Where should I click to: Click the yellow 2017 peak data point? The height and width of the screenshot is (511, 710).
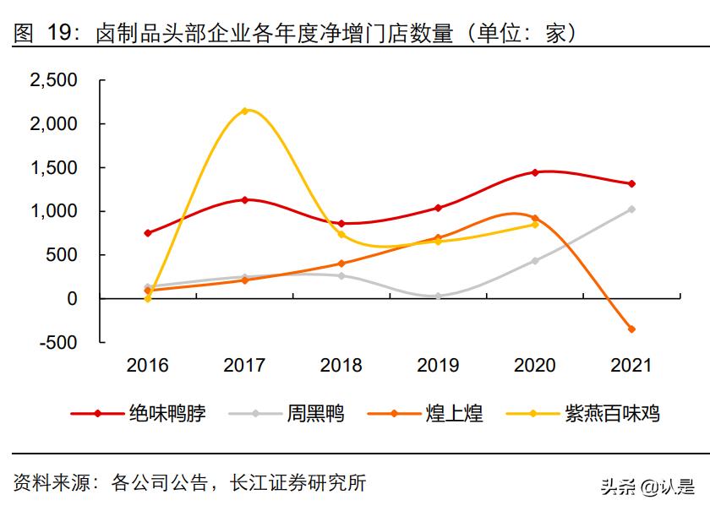tap(244, 111)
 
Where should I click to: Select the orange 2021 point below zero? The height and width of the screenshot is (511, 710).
tap(631, 329)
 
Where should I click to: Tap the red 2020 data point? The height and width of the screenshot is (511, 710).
tap(534, 172)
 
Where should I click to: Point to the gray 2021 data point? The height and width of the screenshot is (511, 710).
tap(631, 209)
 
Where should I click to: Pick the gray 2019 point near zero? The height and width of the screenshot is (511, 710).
tap(438, 296)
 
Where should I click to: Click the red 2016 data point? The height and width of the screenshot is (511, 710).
tap(148, 233)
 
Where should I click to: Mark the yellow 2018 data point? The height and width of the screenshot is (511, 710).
tap(341, 234)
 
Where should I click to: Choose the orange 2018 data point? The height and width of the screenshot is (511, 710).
tap(341, 264)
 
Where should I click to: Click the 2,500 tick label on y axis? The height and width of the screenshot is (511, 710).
tap(53, 80)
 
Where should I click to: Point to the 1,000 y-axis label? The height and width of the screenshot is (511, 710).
tap(53, 211)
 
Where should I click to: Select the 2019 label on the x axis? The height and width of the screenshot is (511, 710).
tap(438, 365)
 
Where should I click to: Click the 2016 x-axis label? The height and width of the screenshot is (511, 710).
tap(148, 365)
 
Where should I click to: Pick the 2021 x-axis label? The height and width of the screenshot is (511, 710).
tap(631, 365)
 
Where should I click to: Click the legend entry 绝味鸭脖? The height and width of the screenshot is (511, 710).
tap(167, 413)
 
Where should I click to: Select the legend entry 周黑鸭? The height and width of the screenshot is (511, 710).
tap(315, 413)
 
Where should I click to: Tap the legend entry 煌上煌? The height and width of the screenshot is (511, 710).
tap(454, 413)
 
